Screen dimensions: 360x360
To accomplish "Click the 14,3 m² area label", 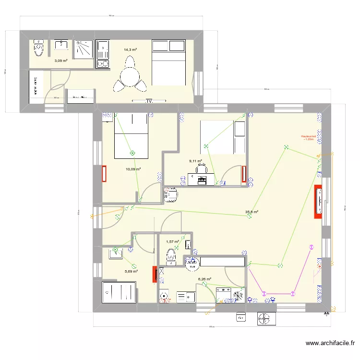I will click(x=130, y=49).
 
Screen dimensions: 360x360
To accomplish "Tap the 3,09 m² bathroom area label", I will click(x=60, y=61).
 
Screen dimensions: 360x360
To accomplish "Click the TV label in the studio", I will click(x=149, y=101).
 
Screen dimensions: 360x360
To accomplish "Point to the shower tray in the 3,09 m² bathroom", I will click(x=84, y=48).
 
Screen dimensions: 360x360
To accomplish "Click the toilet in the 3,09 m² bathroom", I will click(x=39, y=48).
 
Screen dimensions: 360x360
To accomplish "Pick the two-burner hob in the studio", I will click(x=102, y=63).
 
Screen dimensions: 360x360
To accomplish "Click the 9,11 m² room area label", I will click(x=195, y=162).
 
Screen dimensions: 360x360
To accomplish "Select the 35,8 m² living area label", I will click(x=252, y=212).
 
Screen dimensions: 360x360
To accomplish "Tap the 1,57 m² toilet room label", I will click(x=172, y=242).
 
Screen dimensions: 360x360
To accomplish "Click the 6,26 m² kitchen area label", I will click(x=205, y=278).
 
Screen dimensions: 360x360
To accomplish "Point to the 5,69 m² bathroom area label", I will click(x=131, y=271).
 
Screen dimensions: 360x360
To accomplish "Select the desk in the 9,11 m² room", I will click(x=201, y=180).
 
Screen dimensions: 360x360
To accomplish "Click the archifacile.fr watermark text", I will click(x=331, y=343).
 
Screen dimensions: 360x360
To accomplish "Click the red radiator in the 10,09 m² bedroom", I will click(x=104, y=174).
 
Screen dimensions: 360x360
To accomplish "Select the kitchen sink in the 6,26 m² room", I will click(x=185, y=297).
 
